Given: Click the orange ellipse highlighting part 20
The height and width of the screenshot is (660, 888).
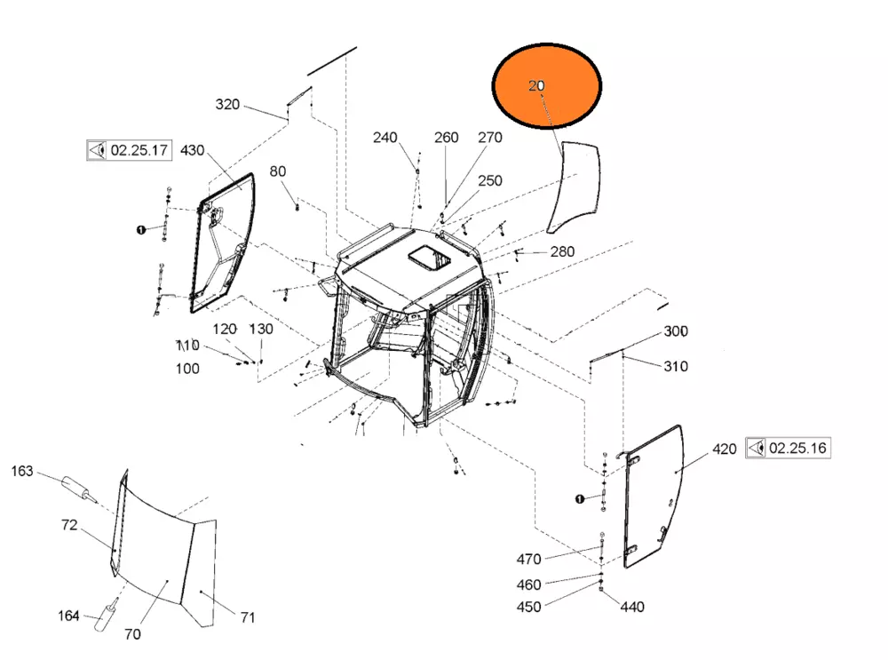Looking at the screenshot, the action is pyautogui.click(x=546, y=85).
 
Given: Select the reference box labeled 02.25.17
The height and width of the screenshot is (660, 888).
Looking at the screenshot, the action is pyautogui.click(x=129, y=150).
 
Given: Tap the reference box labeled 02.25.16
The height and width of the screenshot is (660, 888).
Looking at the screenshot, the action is pyautogui.click(x=788, y=448).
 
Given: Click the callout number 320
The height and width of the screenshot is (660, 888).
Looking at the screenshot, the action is pyautogui.click(x=227, y=104).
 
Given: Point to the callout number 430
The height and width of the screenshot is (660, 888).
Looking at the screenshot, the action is pyautogui.click(x=192, y=150).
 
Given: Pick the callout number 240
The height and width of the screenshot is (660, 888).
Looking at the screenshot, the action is pyautogui.click(x=385, y=138).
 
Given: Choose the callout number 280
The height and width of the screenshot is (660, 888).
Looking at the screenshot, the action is pyautogui.click(x=562, y=251).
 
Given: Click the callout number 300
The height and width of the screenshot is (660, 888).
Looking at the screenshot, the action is pyautogui.click(x=676, y=330).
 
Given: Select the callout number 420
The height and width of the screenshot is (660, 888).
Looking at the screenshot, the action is pyautogui.click(x=725, y=449).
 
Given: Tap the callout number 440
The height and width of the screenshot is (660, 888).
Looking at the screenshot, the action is pyautogui.click(x=632, y=608).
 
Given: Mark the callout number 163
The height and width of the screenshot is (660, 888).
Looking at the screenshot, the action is pyautogui.click(x=22, y=472).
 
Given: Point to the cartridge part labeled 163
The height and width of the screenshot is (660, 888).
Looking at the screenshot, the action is pyautogui.click(x=79, y=489).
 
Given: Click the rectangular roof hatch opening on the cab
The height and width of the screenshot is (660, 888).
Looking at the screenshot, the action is pyautogui.click(x=429, y=258).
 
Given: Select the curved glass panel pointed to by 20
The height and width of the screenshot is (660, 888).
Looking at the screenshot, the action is pyautogui.click(x=573, y=187).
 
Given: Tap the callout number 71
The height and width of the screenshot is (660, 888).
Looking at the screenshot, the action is pyautogui.click(x=248, y=617).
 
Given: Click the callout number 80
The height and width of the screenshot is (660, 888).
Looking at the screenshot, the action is pyautogui.click(x=277, y=171).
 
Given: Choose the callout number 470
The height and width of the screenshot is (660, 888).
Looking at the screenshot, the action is pyautogui.click(x=529, y=559).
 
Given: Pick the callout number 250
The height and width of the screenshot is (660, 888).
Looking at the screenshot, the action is pyautogui.click(x=490, y=180).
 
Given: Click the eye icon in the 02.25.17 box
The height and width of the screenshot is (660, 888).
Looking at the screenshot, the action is pyautogui.click(x=98, y=150).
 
